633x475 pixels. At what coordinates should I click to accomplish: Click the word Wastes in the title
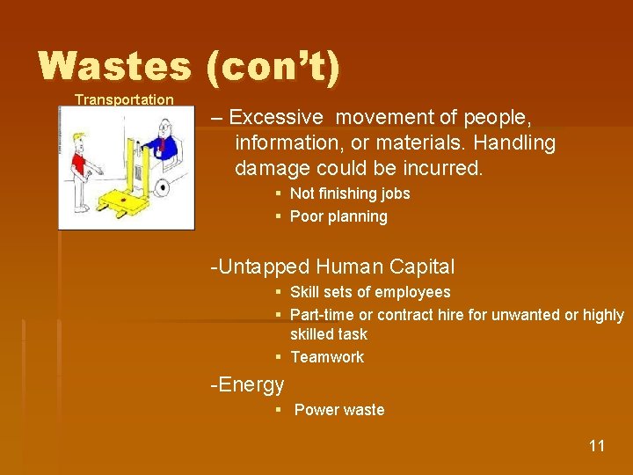coord(114,67)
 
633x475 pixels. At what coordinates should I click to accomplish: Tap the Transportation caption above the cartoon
coord(124,99)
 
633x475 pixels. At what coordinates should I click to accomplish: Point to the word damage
coord(271,168)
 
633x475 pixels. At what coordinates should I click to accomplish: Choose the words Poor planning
coord(338,216)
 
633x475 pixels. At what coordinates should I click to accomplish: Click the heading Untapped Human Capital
coord(333,267)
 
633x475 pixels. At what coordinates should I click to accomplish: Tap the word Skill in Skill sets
coord(304,292)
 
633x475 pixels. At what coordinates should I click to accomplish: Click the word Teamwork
coord(326,357)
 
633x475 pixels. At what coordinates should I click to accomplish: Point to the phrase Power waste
coord(339,410)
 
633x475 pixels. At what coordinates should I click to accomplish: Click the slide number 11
coord(597,446)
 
